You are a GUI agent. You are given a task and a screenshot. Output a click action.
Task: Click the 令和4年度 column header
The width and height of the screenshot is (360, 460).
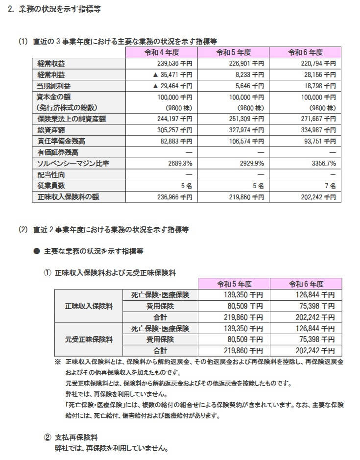pos(162,52)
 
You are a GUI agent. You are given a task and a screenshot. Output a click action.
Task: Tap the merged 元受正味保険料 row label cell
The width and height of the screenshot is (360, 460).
pos(89,339)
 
